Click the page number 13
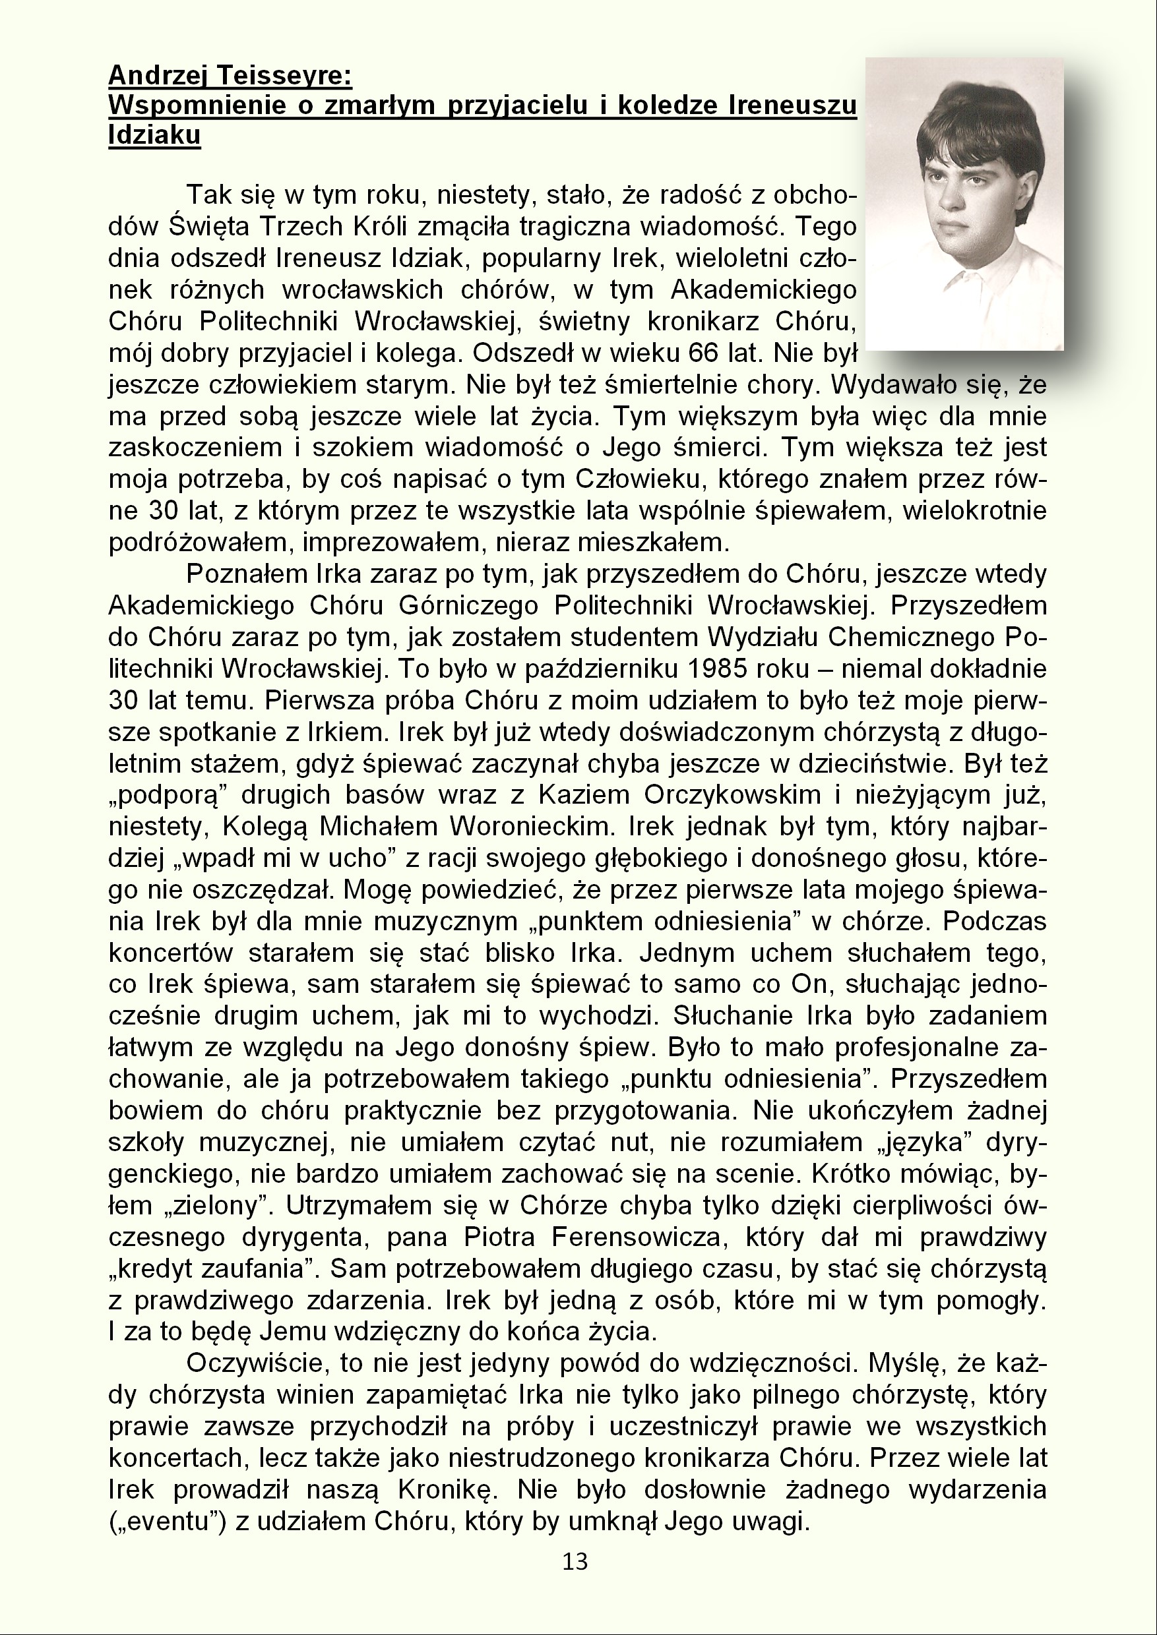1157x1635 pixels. tap(575, 1562)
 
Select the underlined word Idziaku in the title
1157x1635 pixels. tap(154, 135)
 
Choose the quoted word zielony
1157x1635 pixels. tap(208, 1206)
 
